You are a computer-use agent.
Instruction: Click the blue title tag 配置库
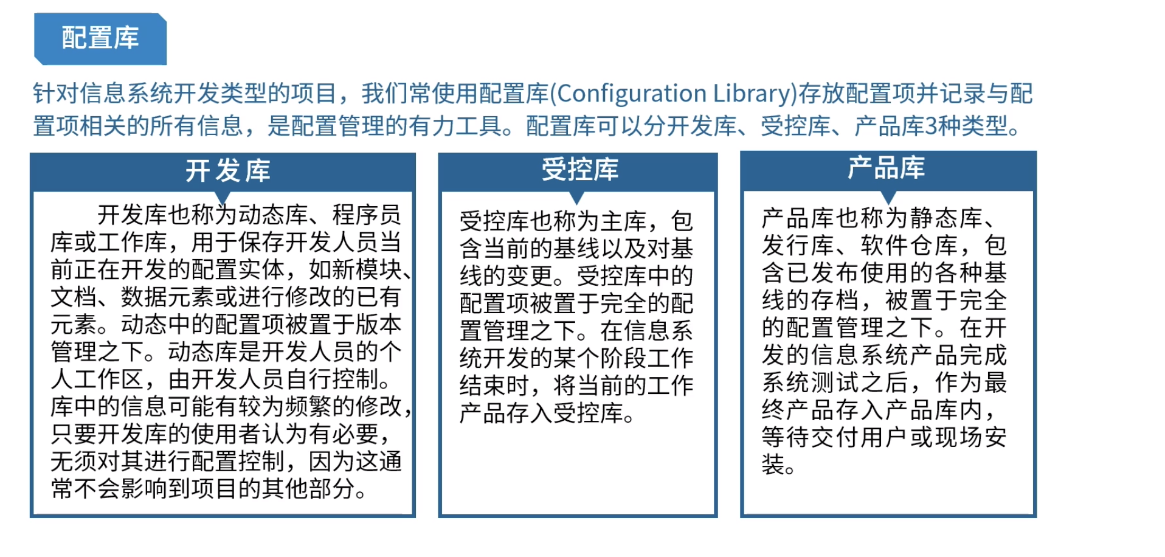click(100, 38)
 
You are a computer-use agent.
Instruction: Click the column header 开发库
click(227, 171)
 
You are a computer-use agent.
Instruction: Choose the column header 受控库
click(580, 169)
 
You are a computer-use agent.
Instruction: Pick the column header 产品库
click(887, 168)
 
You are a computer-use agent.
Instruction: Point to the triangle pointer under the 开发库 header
click(223, 197)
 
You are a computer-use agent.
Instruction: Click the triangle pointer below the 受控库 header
click(577, 198)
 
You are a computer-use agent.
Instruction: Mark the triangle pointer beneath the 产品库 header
click(888, 197)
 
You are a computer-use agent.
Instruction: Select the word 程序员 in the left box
click(367, 215)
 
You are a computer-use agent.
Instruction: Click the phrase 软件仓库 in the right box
click(910, 245)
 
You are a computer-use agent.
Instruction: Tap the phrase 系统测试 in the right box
click(811, 382)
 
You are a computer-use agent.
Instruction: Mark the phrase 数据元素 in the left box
click(167, 297)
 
